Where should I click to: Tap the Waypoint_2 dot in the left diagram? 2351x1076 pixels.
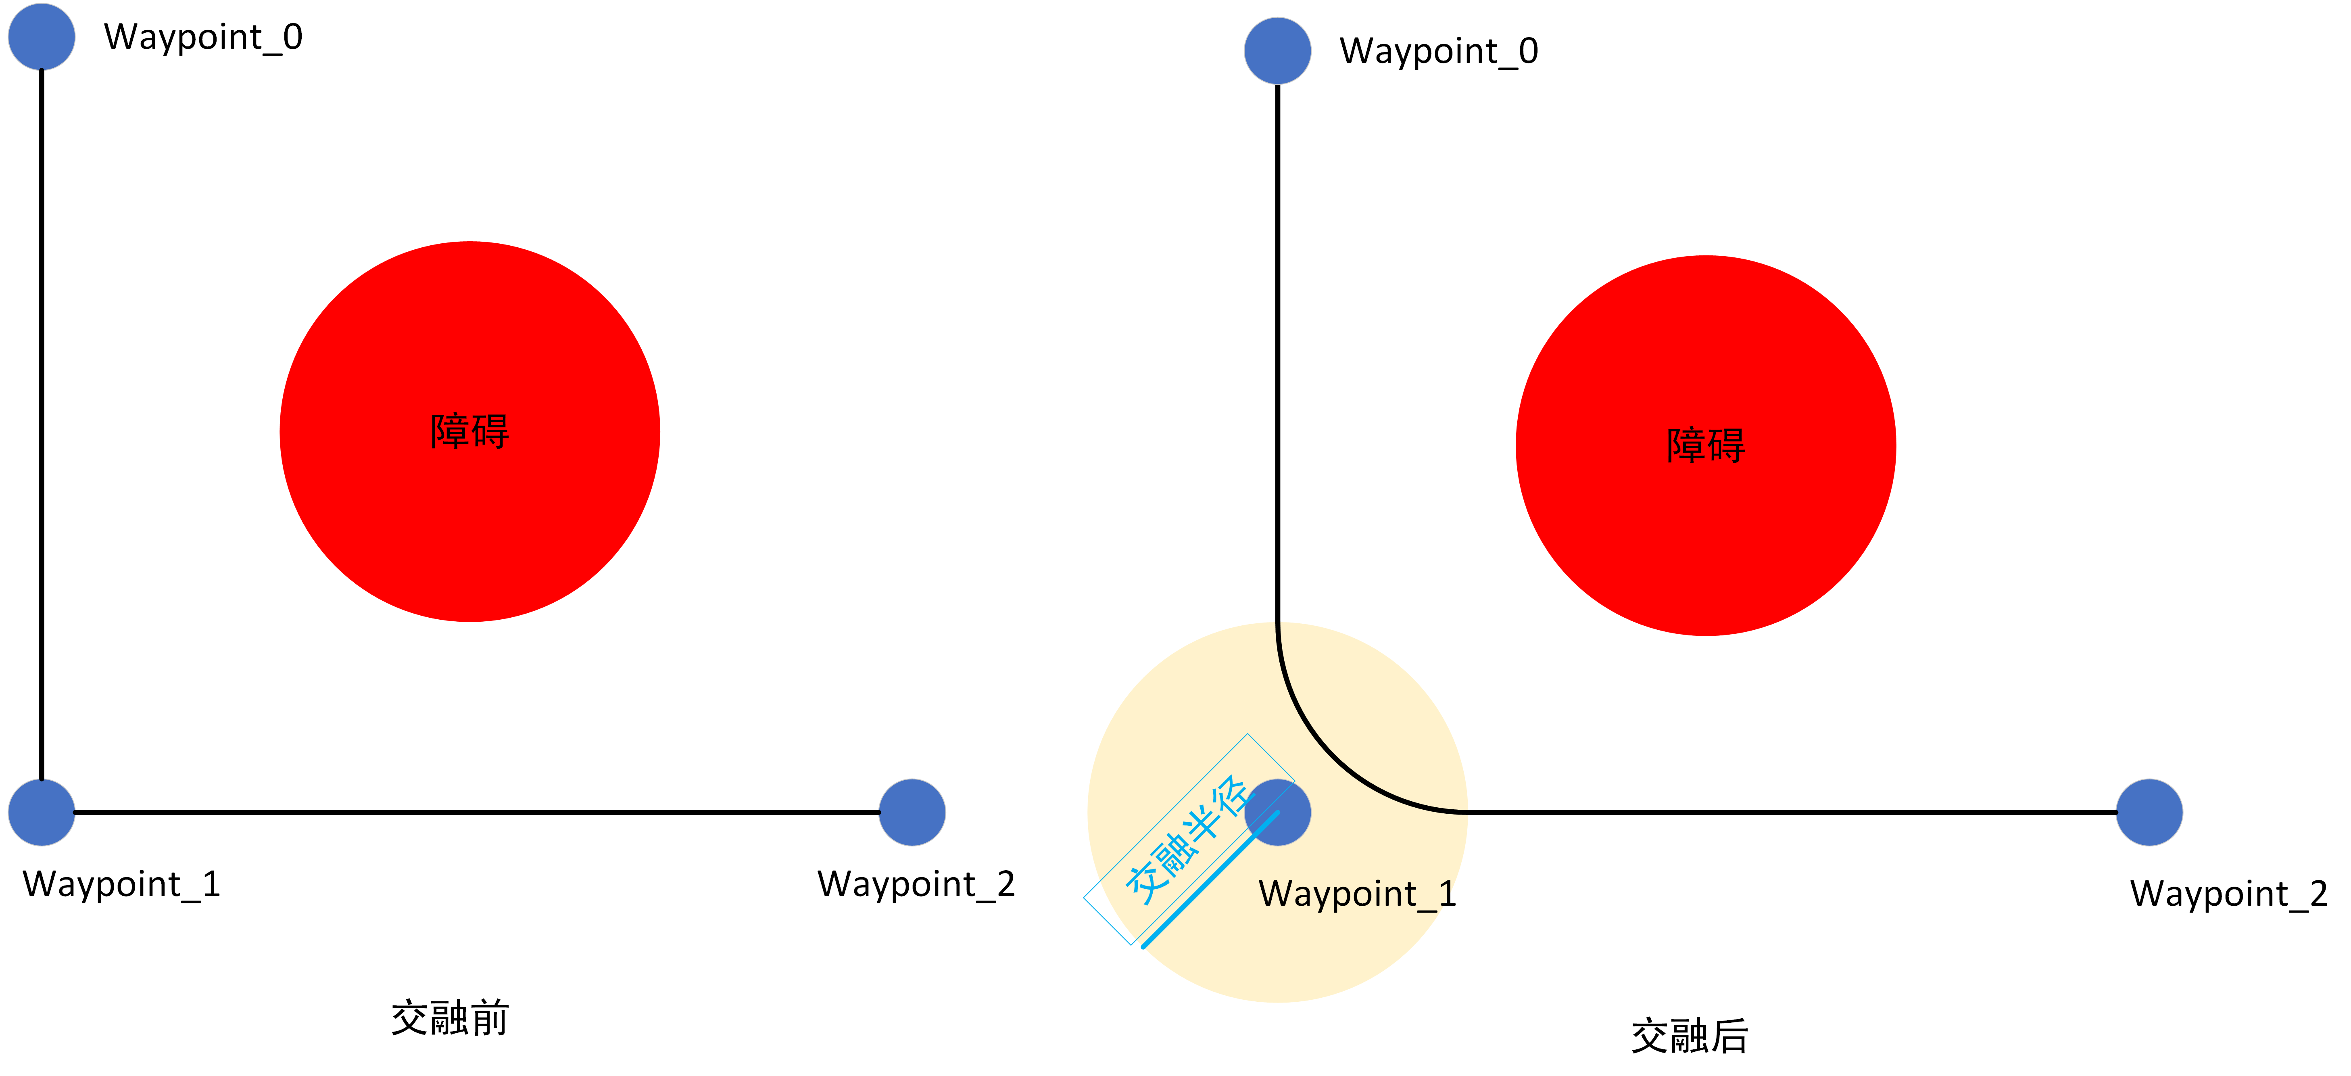click(x=912, y=812)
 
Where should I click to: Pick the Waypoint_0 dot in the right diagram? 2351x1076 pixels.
click(x=1278, y=51)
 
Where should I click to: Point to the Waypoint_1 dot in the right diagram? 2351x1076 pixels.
click(x=1278, y=812)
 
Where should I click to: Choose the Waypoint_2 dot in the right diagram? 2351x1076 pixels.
click(x=2149, y=812)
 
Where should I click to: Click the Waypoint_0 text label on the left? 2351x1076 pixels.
click(x=202, y=38)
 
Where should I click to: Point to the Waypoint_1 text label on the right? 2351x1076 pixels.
click(x=1357, y=894)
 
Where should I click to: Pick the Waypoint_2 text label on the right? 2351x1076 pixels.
click(x=2229, y=894)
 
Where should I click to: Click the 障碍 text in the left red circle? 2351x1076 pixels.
click(x=470, y=432)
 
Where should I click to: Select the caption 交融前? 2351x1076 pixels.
click(x=450, y=1017)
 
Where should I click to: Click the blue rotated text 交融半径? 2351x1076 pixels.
click(x=1187, y=840)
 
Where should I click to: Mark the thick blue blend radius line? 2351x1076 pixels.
click(x=1210, y=880)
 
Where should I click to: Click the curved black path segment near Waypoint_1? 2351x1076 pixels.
click(x=1331, y=758)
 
